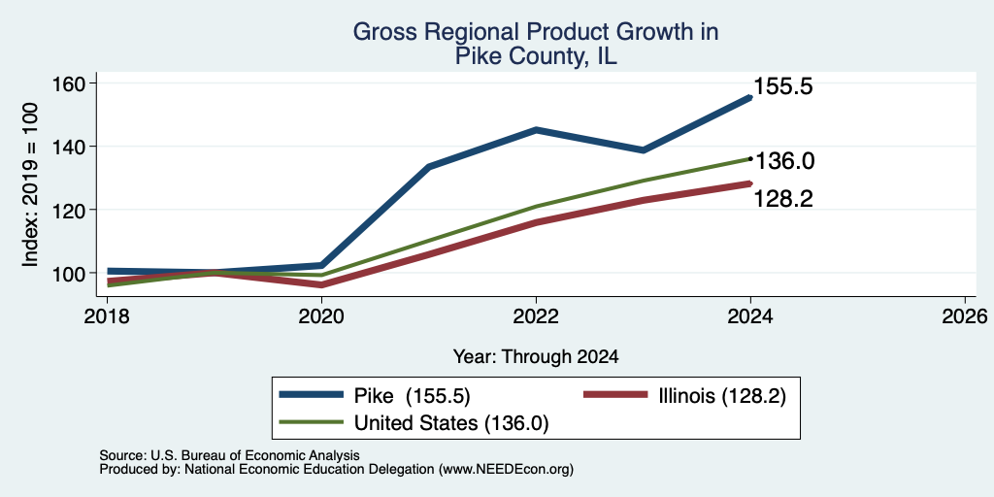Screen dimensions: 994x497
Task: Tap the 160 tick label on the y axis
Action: [x=69, y=83]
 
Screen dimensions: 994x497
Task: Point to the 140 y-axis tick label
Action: [x=69, y=147]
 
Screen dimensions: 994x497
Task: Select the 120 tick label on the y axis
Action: [x=69, y=210]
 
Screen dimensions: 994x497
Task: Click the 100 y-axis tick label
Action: [x=69, y=273]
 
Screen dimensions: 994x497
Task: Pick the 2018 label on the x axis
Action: [x=107, y=315]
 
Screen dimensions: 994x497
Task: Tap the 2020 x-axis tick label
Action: [x=321, y=315]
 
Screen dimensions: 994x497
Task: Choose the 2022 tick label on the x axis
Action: [x=536, y=315]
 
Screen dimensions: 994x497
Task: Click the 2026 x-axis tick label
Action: [x=966, y=315]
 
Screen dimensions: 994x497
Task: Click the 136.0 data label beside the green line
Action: [x=784, y=161]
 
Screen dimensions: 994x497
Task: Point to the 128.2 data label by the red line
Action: [x=783, y=199]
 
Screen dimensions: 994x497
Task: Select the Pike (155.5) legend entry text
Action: [x=412, y=396]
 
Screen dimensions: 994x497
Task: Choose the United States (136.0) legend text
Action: [x=451, y=423]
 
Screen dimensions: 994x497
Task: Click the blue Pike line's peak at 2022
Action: [x=536, y=130]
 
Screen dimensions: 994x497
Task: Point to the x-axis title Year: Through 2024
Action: [x=536, y=357]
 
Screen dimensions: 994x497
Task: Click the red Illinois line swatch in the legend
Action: [x=614, y=396]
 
